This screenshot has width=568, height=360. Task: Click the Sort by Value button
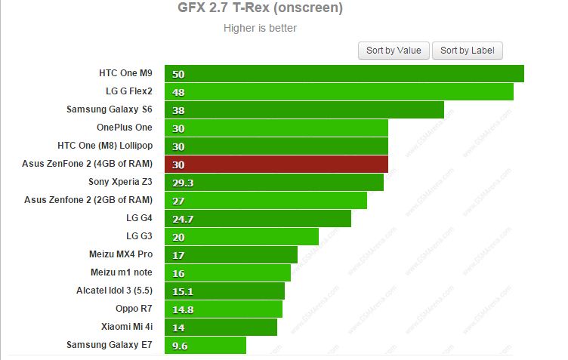(x=394, y=51)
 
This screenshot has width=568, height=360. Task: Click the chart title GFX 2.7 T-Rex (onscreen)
(x=260, y=9)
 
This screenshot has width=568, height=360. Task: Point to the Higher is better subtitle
(x=260, y=29)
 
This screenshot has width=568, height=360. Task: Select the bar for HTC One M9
(x=344, y=74)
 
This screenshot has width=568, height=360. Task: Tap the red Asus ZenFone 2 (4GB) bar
(x=276, y=165)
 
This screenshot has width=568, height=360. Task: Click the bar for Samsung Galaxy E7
(x=205, y=346)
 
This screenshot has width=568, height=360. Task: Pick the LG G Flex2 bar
(x=339, y=92)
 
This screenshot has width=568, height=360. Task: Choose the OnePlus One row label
(x=125, y=128)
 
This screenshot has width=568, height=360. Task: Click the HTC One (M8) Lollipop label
(x=105, y=146)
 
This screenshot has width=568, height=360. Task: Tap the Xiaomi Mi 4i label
(x=126, y=327)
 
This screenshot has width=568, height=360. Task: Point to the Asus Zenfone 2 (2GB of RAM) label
(x=88, y=200)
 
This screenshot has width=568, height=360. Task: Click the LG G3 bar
(x=242, y=237)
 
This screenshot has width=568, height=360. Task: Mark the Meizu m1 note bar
(x=227, y=273)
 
